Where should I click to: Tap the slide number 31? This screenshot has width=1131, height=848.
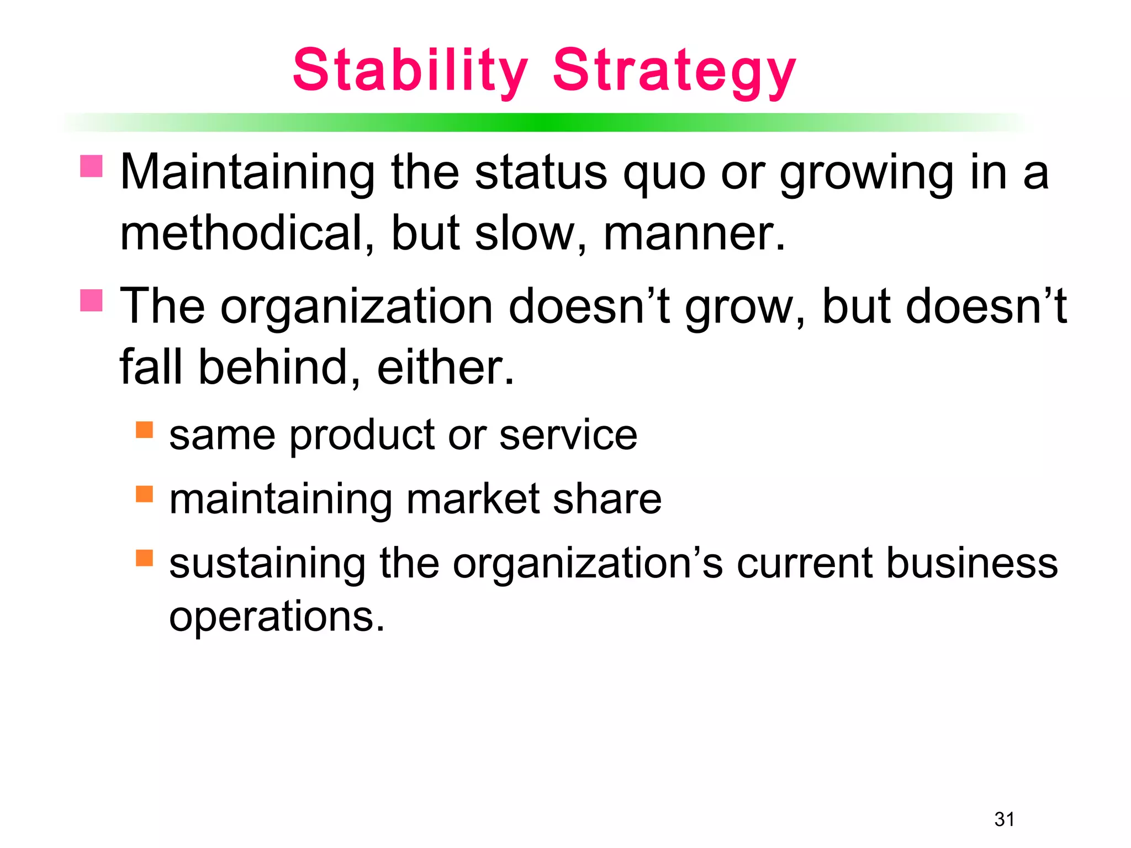[x=1005, y=819]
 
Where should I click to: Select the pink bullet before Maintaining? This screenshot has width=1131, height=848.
[x=92, y=166]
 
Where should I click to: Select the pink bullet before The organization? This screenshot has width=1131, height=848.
[x=92, y=300]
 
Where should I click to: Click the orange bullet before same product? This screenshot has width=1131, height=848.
[x=144, y=430]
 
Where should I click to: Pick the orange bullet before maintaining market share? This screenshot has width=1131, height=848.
[x=144, y=494]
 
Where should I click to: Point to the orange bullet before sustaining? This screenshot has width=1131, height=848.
[x=144, y=558]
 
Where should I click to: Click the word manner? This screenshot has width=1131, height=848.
[x=694, y=234]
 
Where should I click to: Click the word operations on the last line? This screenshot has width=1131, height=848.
[x=276, y=617]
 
